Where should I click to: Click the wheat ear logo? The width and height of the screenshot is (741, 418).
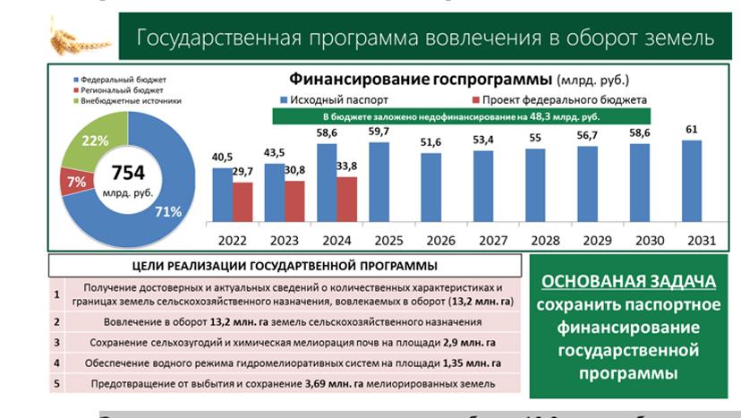tap(78, 37)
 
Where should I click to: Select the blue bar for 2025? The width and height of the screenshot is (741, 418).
tap(379, 183)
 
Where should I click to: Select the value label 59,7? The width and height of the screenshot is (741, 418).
tap(379, 132)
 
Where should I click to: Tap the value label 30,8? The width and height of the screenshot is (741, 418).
tap(295, 170)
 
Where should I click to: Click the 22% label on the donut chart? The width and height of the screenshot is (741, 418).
tap(96, 141)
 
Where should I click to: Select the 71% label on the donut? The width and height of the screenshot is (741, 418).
tap(167, 211)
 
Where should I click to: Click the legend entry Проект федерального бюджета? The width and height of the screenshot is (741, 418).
tap(563, 99)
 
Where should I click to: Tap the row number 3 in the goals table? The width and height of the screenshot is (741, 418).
tap(56, 342)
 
